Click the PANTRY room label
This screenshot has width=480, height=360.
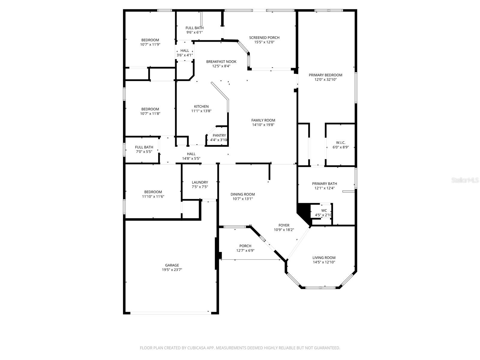pyautogui.click(x=219, y=136)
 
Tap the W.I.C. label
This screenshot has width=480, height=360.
pyautogui.click(x=340, y=143)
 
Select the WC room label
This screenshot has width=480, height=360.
pyautogui.click(x=324, y=211)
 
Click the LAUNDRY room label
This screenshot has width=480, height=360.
pyautogui.click(x=200, y=182)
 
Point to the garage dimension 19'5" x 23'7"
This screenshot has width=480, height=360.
pyautogui.click(x=172, y=270)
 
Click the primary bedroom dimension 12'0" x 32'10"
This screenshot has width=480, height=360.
pyautogui.click(x=325, y=80)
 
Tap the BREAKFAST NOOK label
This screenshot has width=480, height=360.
pyautogui.click(x=221, y=61)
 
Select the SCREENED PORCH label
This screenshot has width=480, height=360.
pyautogui.click(x=264, y=37)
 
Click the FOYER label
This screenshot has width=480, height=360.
pyautogui.click(x=284, y=225)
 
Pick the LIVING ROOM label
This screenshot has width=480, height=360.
pyautogui.click(x=324, y=258)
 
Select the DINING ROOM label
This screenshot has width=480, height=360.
pyautogui.click(x=242, y=194)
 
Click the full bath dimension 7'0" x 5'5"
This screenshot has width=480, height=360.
pyautogui.click(x=144, y=152)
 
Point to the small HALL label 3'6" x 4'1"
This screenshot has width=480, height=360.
pyautogui.click(x=185, y=51)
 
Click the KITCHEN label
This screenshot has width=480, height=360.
pyautogui.click(x=201, y=106)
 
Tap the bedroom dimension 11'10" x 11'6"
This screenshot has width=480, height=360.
pyautogui.click(x=153, y=197)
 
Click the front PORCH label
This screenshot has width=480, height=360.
pyautogui.click(x=245, y=246)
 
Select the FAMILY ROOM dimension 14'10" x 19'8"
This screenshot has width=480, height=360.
pyautogui.click(x=263, y=125)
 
